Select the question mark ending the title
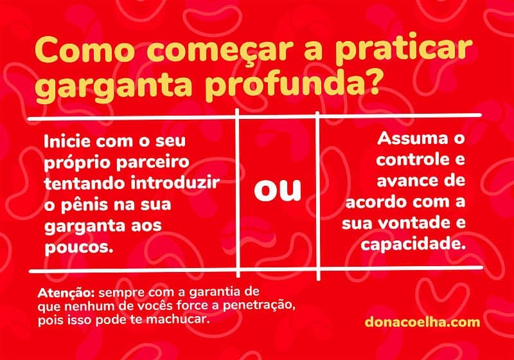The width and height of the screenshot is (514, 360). coord(385,85)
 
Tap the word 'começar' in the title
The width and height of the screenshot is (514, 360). coord(202,51)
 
